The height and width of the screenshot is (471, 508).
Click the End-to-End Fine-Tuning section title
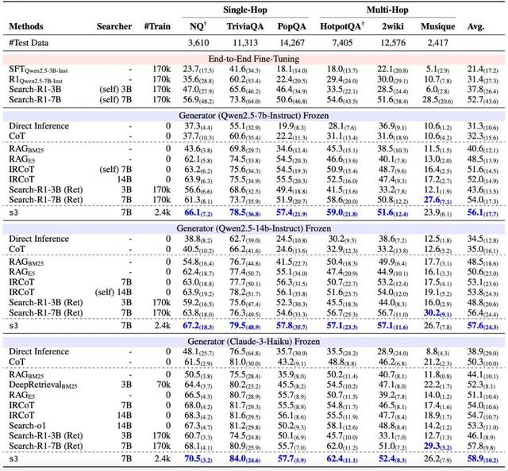point(255,59)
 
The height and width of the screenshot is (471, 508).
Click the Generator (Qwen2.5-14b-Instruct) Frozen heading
point(255,228)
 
